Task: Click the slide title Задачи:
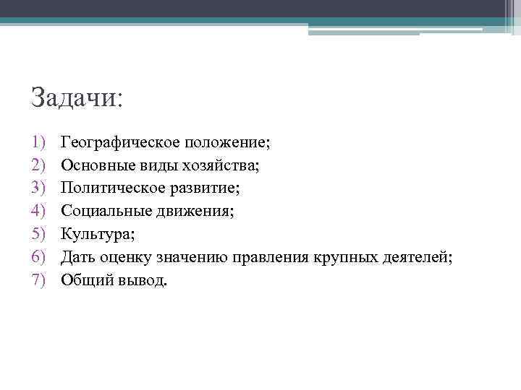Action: coord(77,97)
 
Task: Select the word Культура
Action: coord(96,235)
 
